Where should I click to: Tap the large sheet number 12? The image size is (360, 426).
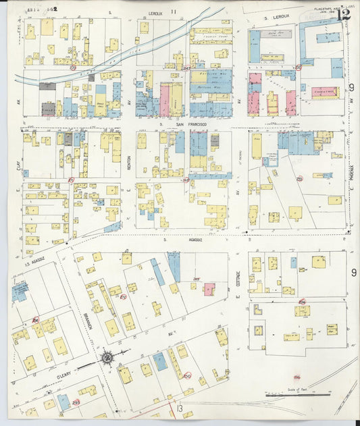[x=344, y=13]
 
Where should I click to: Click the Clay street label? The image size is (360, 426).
[x=17, y=162]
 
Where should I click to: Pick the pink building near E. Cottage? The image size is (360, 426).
[x=209, y=289]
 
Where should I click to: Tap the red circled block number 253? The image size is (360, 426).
[x=299, y=179]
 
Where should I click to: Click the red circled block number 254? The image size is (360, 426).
[x=302, y=302]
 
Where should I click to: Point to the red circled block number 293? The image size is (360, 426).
[x=76, y=402]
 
